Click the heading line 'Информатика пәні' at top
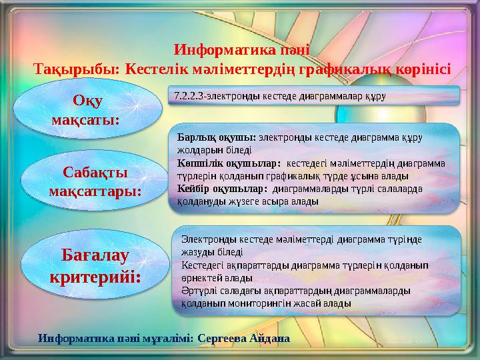242,50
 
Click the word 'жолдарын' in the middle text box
197,150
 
